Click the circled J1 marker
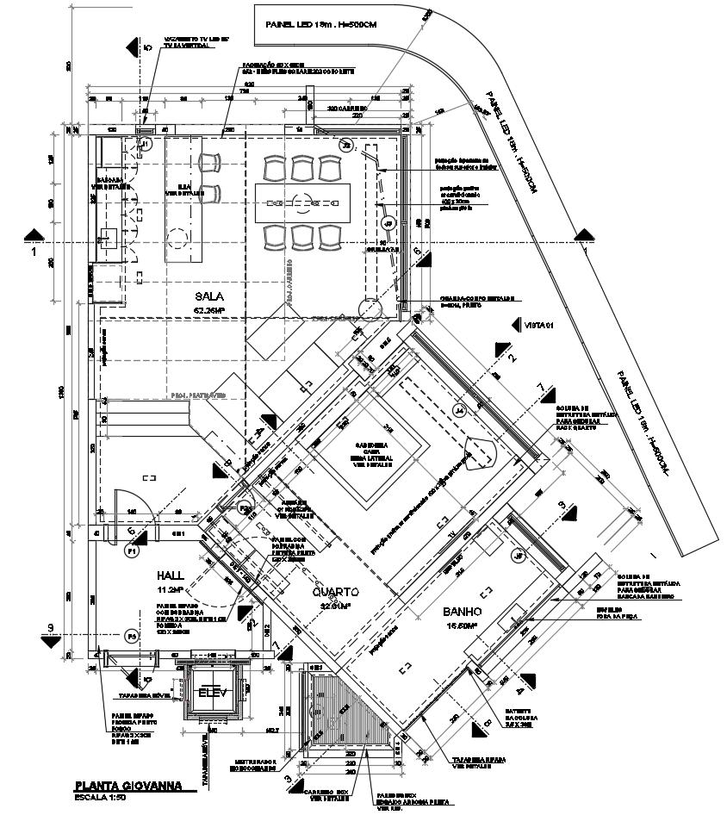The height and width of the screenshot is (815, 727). pos(146,144)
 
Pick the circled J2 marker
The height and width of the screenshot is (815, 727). pos(346,144)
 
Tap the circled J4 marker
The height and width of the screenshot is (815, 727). pos(460,411)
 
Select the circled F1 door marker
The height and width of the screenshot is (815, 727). pos(132,550)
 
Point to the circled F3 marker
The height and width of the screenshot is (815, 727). pos(132,636)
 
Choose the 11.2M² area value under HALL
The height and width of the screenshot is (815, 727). pos(170,590)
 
